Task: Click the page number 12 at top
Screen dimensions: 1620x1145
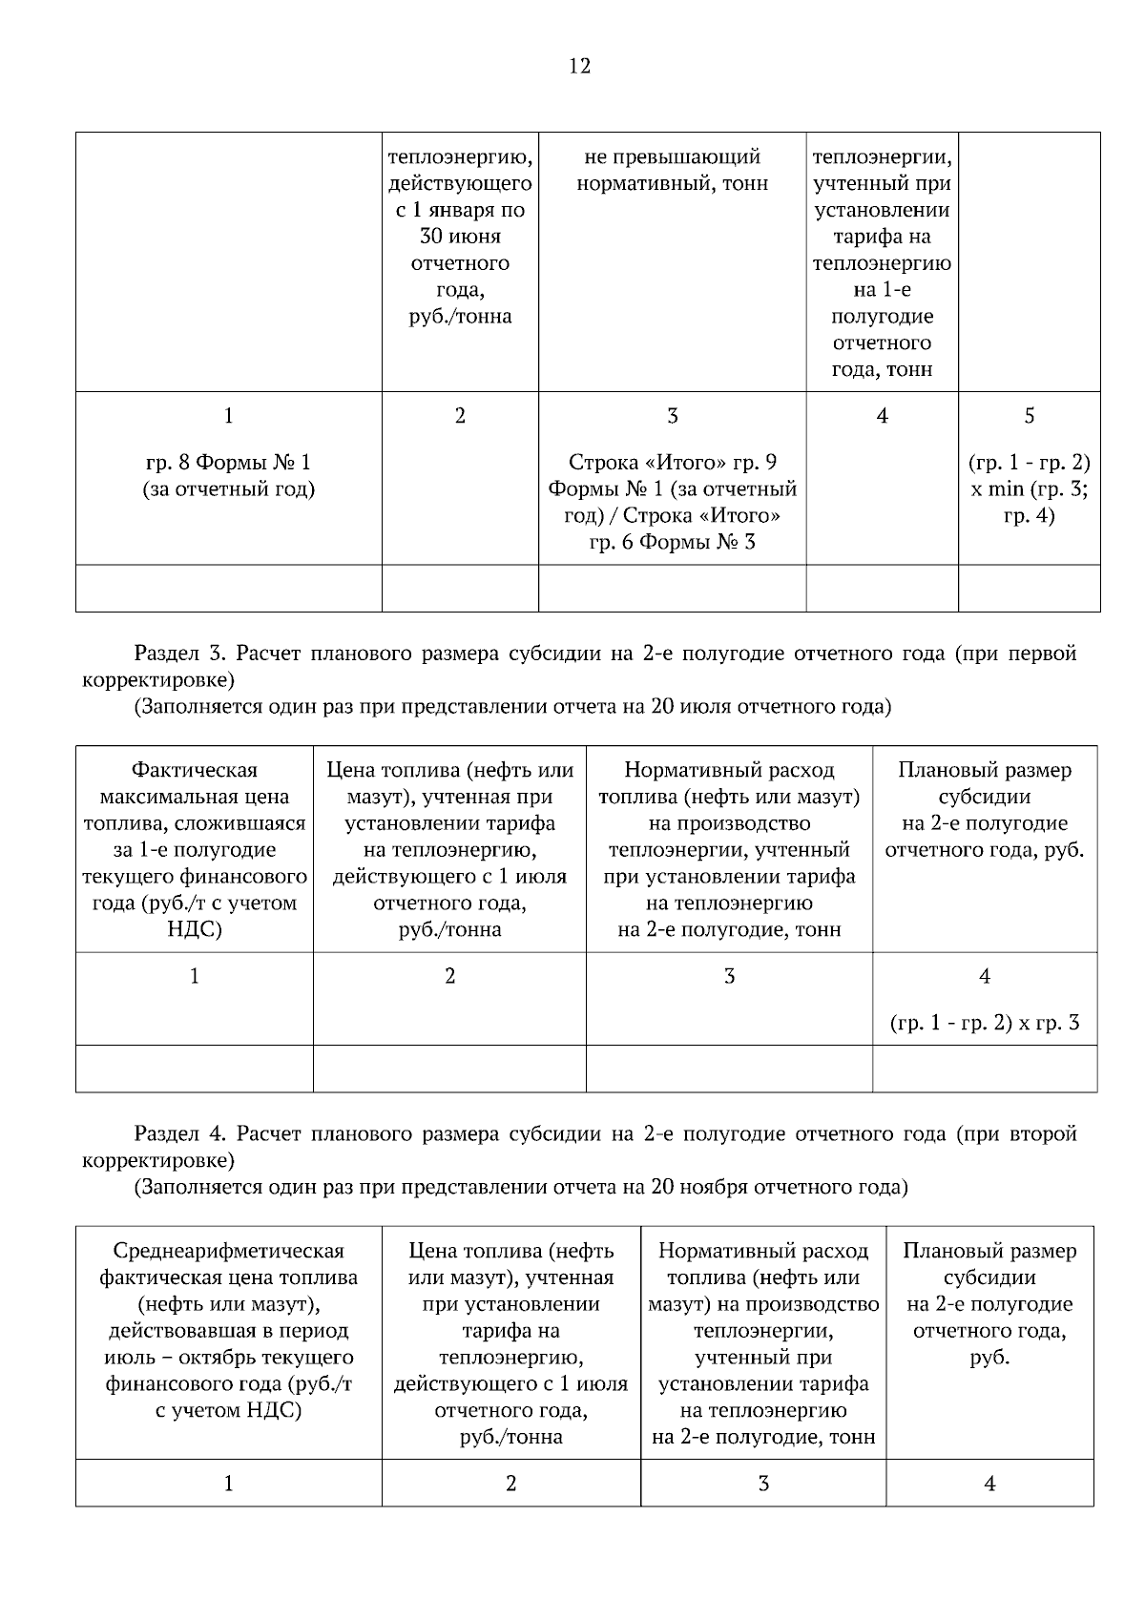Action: tap(579, 66)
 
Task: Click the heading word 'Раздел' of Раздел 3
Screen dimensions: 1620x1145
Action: tap(168, 654)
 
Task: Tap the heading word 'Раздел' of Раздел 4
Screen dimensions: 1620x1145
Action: tap(168, 1133)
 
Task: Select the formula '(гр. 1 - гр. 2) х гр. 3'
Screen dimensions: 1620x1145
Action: tap(985, 1024)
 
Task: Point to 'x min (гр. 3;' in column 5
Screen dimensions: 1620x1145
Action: tap(1029, 489)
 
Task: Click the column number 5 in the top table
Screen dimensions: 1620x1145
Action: tap(1029, 415)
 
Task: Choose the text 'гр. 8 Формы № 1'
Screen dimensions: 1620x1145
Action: tap(228, 463)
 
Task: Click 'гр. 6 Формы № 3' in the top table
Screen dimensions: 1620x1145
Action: tap(672, 543)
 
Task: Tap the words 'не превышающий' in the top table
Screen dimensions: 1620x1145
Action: tap(672, 156)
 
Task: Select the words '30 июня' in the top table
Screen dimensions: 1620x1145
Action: tap(460, 237)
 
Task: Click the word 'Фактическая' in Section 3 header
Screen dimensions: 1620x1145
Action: tap(195, 770)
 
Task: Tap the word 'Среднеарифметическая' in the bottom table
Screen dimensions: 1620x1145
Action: tap(228, 1251)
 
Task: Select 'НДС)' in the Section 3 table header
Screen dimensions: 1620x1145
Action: tap(195, 930)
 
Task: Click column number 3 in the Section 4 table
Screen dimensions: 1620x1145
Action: tap(763, 1484)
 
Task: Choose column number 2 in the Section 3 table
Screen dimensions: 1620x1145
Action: tap(449, 976)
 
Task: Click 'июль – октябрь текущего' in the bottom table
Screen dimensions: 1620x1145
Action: tap(228, 1358)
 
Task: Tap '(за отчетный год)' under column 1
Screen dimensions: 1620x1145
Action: tap(228, 489)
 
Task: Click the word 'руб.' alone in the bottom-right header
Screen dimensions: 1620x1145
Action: tap(989, 1358)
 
